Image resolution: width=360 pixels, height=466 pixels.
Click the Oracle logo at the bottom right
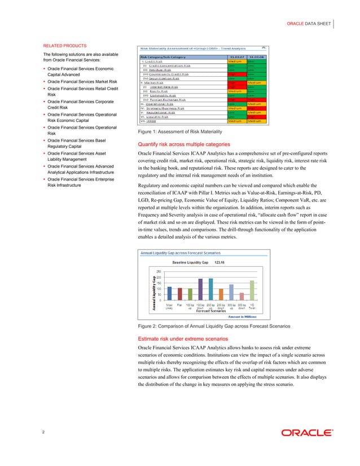click(307, 433)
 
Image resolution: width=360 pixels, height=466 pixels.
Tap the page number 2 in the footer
click(44, 432)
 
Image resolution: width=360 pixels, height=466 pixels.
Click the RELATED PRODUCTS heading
click(65, 45)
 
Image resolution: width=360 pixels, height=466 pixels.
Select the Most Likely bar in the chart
click(169, 293)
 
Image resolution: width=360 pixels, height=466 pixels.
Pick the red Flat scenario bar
click(179, 293)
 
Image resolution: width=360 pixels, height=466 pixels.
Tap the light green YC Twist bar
click(252, 290)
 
